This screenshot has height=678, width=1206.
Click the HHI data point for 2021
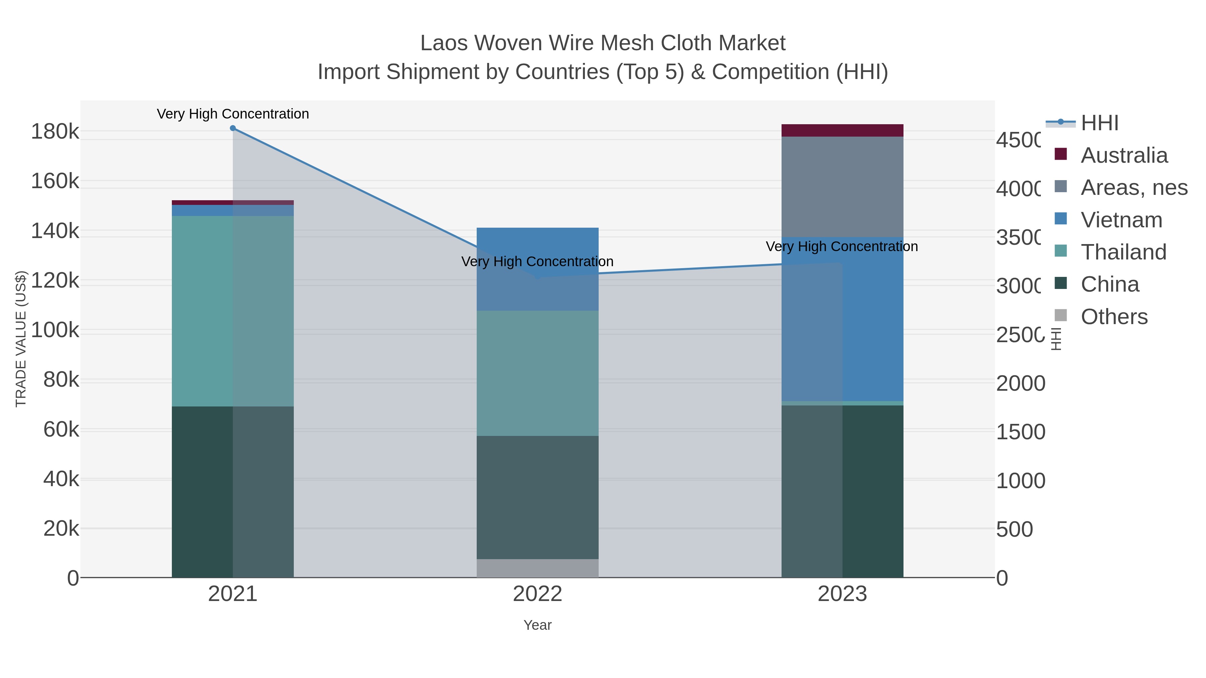pyautogui.click(x=233, y=128)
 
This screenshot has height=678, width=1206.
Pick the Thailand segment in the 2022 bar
pyautogui.click(x=537, y=373)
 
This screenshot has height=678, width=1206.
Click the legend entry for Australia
pyautogui.click(x=1124, y=155)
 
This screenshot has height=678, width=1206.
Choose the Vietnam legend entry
pyautogui.click(x=1121, y=220)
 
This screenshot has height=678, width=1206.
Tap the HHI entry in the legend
pyautogui.click(x=1099, y=123)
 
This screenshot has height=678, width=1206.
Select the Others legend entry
pyautogui.click(x=1114, y=317)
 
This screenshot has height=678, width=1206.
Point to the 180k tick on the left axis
pyautogui.click(x=55, y=132)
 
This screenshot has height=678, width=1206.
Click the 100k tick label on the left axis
pyautogui.click(x=55, y=330)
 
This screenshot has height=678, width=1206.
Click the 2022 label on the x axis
pyautogui.click(x=537, y=594)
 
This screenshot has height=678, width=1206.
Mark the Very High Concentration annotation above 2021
pyautogui.click(x=233, y=114)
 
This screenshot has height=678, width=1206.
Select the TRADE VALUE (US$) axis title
pyautogui.click(x=21, y=339)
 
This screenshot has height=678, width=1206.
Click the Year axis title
pyautogui.click(x=537, y=625)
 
